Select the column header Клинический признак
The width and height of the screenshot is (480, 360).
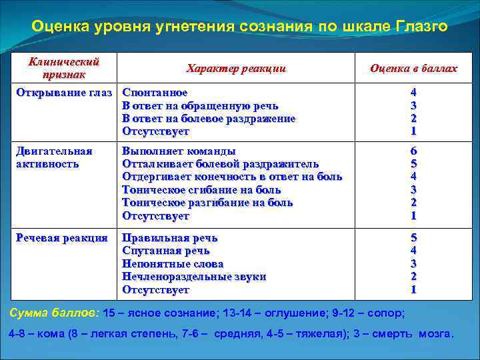click(64, 68)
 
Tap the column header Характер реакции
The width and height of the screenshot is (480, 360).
click(236, 69)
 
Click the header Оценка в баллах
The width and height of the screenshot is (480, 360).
click(413, 69)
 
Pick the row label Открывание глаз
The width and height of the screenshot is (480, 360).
click(64, 92)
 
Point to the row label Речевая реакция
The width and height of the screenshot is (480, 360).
click(61, 238)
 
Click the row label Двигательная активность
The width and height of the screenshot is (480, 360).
click(54, 157)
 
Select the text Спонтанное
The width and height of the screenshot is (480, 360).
click(155, 93)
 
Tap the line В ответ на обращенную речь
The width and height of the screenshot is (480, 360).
click(200, 105)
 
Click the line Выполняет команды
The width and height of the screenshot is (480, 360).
click(179, 151)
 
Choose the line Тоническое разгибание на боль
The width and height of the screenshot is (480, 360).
click(207, 203)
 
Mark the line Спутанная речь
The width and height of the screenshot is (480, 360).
click(166, 251)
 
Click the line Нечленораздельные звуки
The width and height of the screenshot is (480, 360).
click(194, 277)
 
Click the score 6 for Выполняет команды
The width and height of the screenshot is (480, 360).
click(413, 151)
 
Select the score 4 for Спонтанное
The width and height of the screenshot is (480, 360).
click(413, 93)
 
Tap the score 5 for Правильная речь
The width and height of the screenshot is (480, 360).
click(413, 238)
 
